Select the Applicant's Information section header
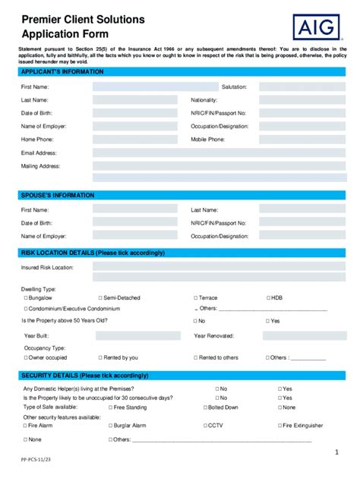tap(63, 71)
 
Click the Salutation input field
tap(302, 87)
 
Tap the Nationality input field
tap(302, 100)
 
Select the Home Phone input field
tap(134, 140)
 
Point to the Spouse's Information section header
tap(58, 195)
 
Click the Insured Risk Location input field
tap(219, 267)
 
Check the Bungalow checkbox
tap(27, 298)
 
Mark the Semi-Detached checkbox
tap(100, 298)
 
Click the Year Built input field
tap(134, 335)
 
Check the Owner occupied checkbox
tap(25, 357)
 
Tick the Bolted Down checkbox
tap(203, 407)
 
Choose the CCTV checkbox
tap(203, 426)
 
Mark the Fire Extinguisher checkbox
tap(278, 426)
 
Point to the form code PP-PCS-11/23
tap(36, 461)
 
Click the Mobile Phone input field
tap(302, 140)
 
